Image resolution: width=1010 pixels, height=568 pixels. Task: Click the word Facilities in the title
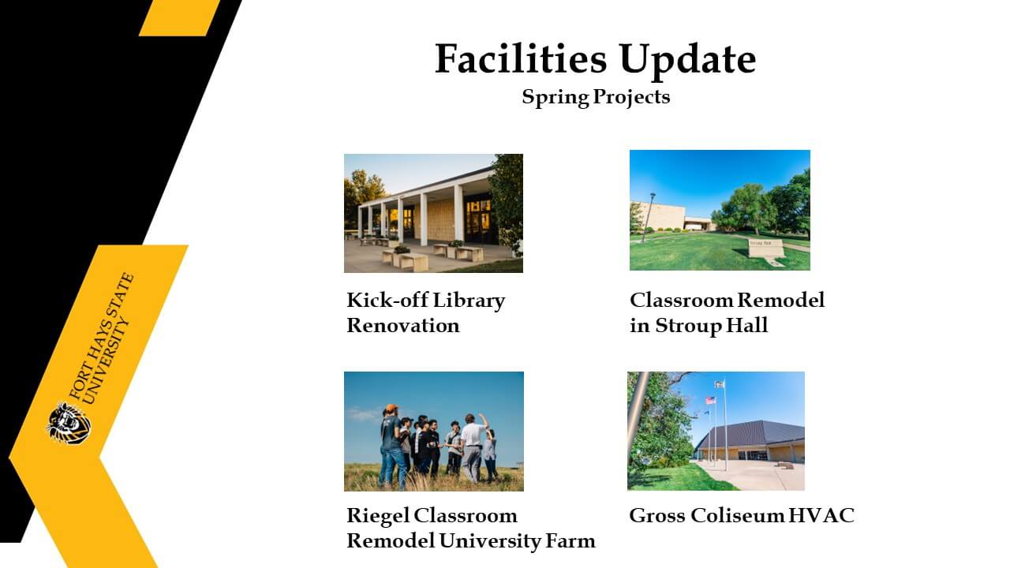521,59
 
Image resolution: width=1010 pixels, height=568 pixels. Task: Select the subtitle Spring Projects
596,97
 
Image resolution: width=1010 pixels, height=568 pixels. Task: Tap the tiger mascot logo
69,424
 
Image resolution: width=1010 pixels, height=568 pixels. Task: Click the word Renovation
403,326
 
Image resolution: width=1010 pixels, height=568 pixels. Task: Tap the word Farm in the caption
570,541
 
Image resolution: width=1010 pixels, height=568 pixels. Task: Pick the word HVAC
821,516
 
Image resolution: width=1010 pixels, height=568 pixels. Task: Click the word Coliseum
738,516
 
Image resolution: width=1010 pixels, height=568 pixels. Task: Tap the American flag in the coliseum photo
710,400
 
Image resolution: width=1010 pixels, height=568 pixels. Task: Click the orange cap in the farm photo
391,408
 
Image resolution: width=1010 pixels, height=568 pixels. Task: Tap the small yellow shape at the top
179,17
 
